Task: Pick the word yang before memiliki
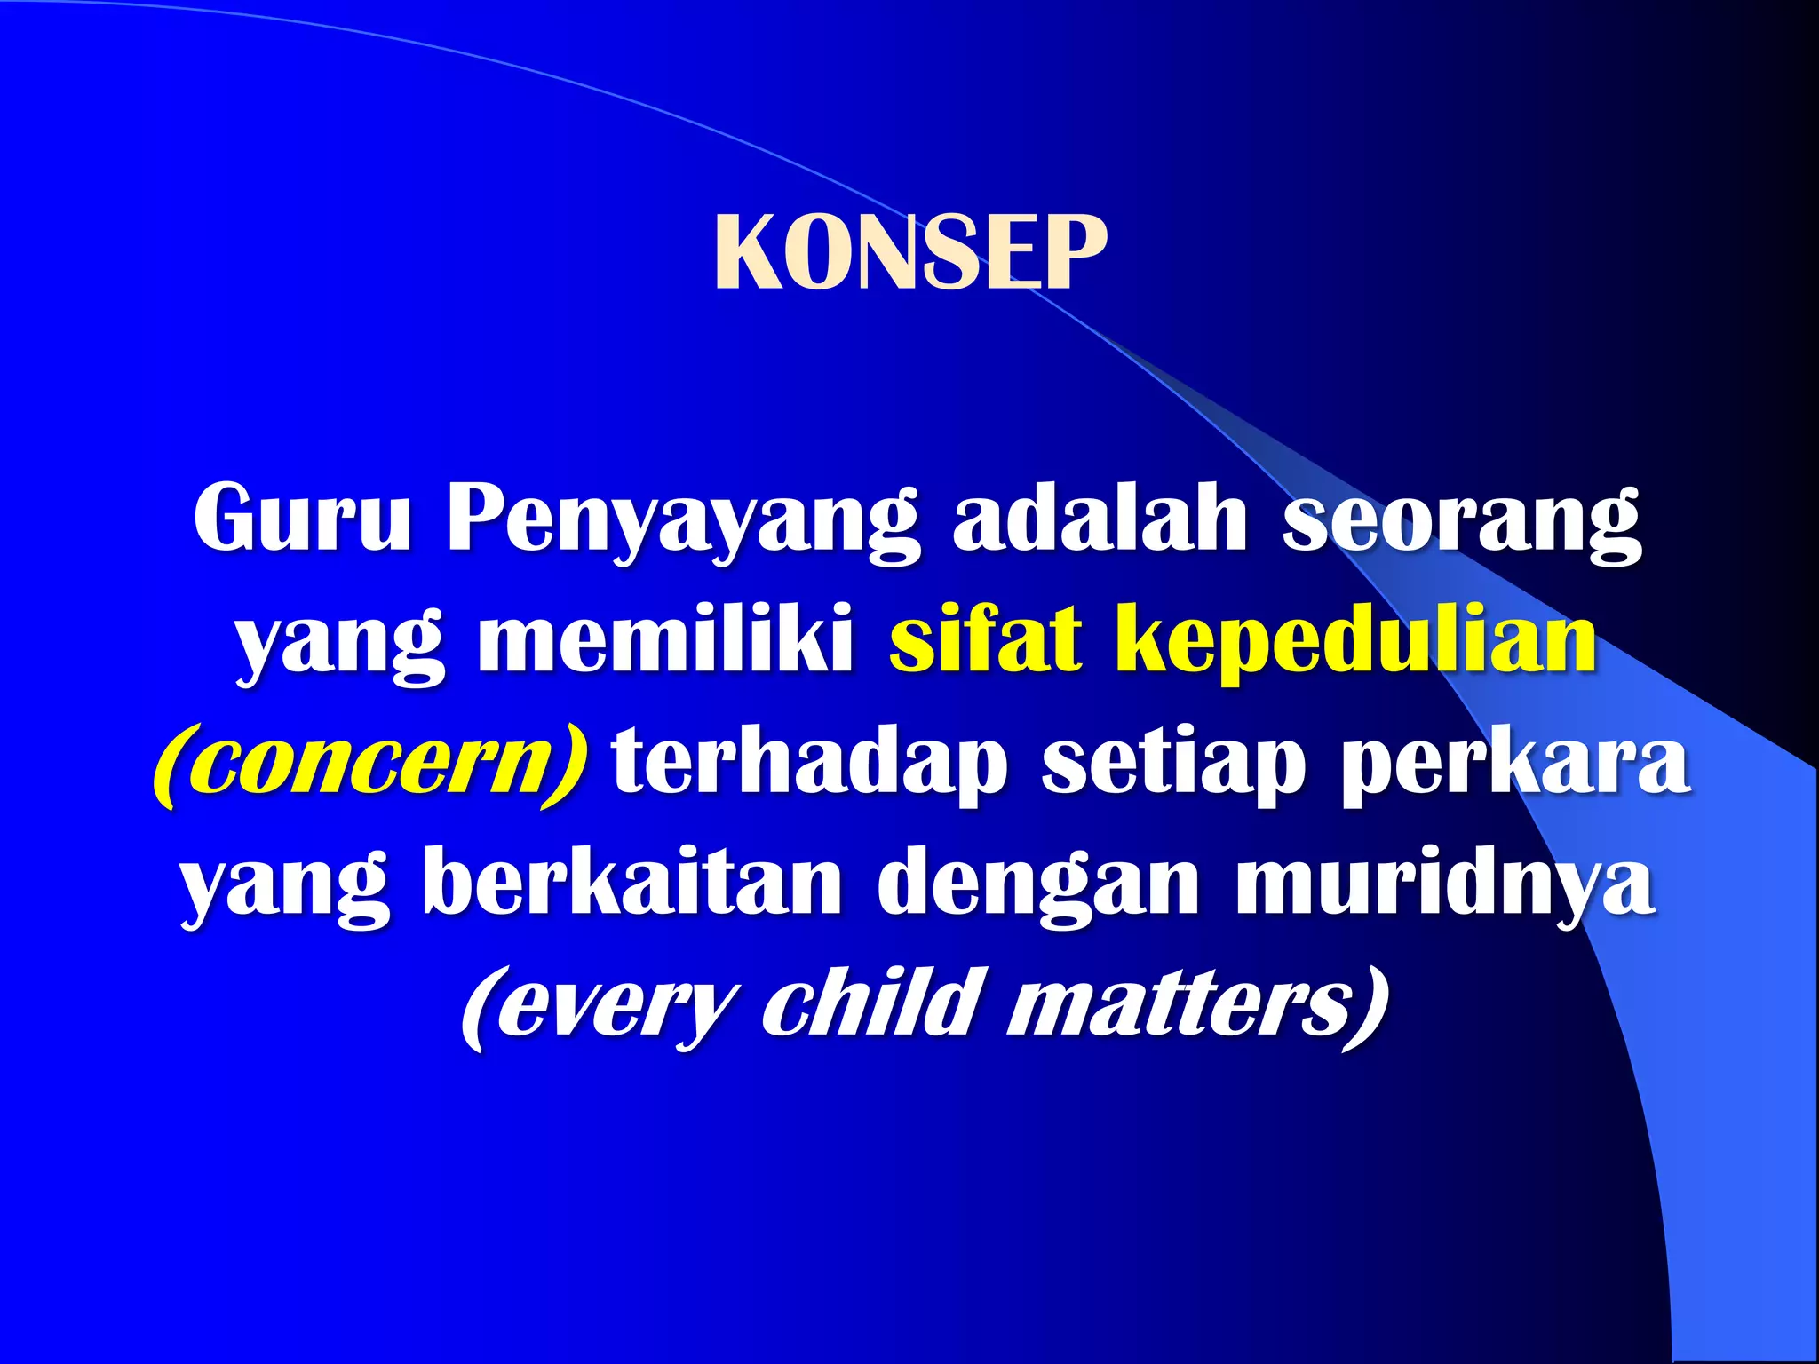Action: (339, 644)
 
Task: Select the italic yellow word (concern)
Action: (370, 764)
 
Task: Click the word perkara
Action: (1515, 764)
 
